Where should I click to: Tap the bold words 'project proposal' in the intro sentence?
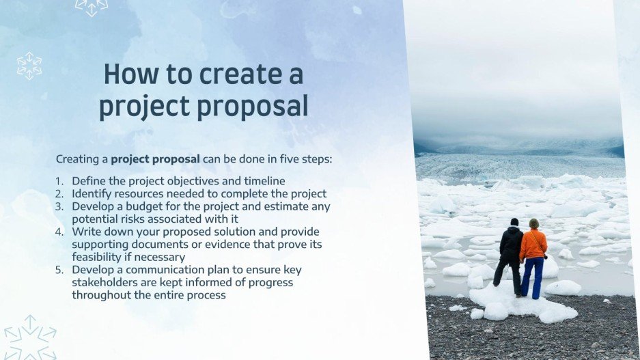[x=155, y=159]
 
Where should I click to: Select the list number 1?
[x=59, y=181]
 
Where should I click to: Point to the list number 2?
[x=59, y=194]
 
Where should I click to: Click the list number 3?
[x=59, y=206]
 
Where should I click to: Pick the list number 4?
[x=59, y=232]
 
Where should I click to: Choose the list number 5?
[x=59, y=270]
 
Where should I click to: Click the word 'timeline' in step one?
[x=264, y=181]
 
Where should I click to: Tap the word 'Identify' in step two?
[x=92, y=194]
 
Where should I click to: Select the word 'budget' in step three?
[x=144, y=206]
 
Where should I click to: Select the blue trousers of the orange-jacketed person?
[x=532, y=277]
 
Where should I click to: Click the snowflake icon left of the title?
[x=29, y=66]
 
